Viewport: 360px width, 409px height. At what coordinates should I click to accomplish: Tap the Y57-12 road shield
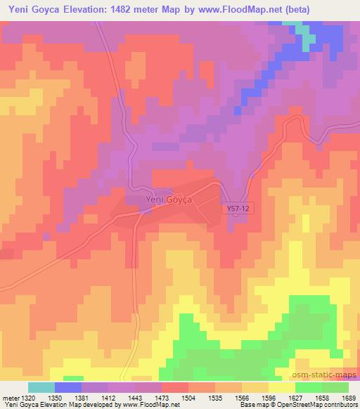tap(237, 209)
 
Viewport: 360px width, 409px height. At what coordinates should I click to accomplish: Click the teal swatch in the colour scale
tap(41, 387)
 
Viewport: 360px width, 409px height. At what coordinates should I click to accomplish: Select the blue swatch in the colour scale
tap(68, 387)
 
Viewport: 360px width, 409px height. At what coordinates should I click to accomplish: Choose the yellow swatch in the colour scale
tap(281, 387)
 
